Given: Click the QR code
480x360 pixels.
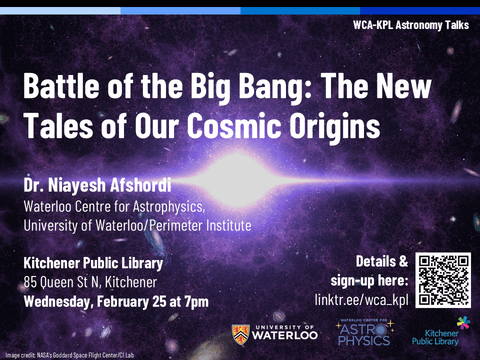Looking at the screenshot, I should pyautogui.click(x=443, y=280).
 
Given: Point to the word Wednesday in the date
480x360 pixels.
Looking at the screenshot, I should pyautogui.click(x=63, y=301).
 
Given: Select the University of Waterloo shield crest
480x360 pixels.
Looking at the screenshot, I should pyautogui.click(x=240, y=334).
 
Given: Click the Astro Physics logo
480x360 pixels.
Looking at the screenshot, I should pyautogui.click(x=363, y=334).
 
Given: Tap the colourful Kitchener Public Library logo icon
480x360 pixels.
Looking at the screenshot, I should pyautogui.click(x=463, y=322).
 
